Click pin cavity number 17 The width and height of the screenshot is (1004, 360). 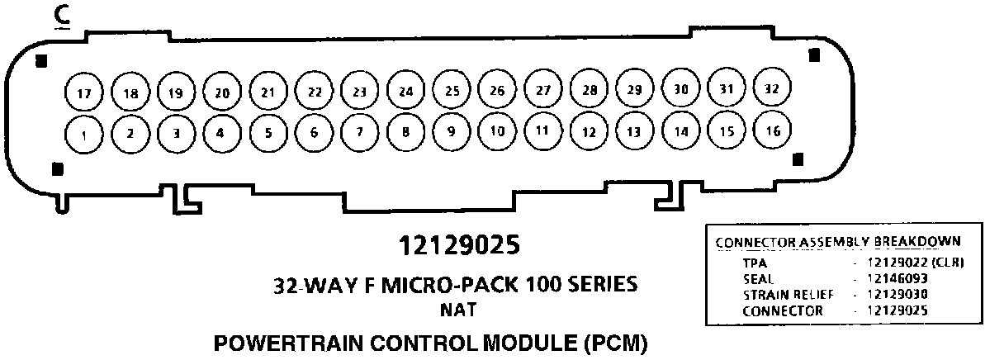(83, 93)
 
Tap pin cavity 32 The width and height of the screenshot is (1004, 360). (773, 89)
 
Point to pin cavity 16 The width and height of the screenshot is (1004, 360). (773, 130)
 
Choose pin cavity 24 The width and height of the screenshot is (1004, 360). (405, 92)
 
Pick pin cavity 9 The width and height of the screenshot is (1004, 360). (451, 131)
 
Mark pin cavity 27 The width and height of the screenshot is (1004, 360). (542, 90)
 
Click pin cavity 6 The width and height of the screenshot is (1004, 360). (313, 132)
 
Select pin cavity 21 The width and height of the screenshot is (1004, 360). (267, 92)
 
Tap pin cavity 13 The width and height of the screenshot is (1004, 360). (634, 131)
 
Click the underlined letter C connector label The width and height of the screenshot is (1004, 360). (59, 17)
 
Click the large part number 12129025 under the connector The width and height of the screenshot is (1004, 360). (459, 246)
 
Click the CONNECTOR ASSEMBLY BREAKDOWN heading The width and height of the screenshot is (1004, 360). (837, 242)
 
